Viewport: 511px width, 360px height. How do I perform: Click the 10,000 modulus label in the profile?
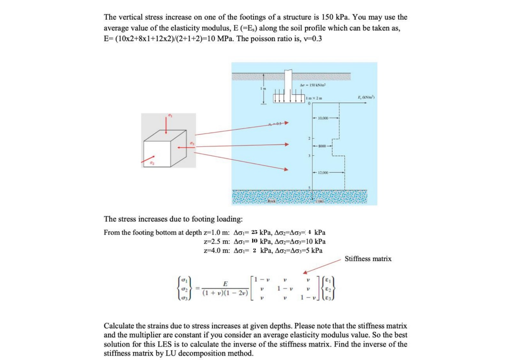point(323,118)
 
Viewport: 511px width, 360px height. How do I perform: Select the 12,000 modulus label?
point(323,172)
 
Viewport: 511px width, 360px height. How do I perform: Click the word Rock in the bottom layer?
point(271,201)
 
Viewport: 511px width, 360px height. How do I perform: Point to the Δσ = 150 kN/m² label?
point(313,85)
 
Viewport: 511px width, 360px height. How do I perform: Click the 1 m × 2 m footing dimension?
point(314,98)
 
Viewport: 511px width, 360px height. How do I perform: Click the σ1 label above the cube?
point(170,115)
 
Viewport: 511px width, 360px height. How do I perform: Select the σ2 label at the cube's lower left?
point(152,163)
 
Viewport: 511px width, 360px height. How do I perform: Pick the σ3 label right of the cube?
point(192,143)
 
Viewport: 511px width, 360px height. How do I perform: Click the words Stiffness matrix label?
point(368,259)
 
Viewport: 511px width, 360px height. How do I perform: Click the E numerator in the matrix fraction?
point(225,284)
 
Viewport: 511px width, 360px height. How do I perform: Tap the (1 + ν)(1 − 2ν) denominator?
point(225,293)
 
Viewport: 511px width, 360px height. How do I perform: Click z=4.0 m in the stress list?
point(217,250)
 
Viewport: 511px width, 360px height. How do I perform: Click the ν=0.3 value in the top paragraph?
point(311,39)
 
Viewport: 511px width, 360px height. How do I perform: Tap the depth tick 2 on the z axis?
point(309,138)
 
